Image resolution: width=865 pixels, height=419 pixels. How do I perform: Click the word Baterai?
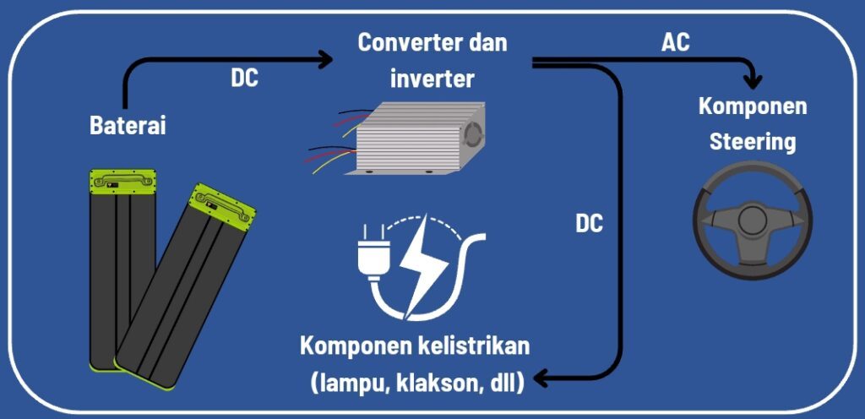pyautogui.click(x=128, y=126)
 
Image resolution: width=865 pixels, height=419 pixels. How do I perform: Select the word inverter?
pyautogui.click(x=432, y=79)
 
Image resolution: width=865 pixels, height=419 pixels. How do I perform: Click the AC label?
pyautogui.click(x=675, y=42)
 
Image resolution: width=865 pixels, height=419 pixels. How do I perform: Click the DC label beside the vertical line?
pyautogui.click(x=589, y=225)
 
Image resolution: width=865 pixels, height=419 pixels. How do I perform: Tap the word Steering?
pyautogui.click(x=753, y=141)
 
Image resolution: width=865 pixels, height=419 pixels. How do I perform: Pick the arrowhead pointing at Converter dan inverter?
pyautogui.click(x=326, y=59)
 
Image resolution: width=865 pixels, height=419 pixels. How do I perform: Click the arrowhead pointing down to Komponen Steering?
pyautogui.click(x=752, y=82)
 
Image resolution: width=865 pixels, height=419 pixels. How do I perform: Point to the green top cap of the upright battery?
pyautogui.click(x=124, y=182)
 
